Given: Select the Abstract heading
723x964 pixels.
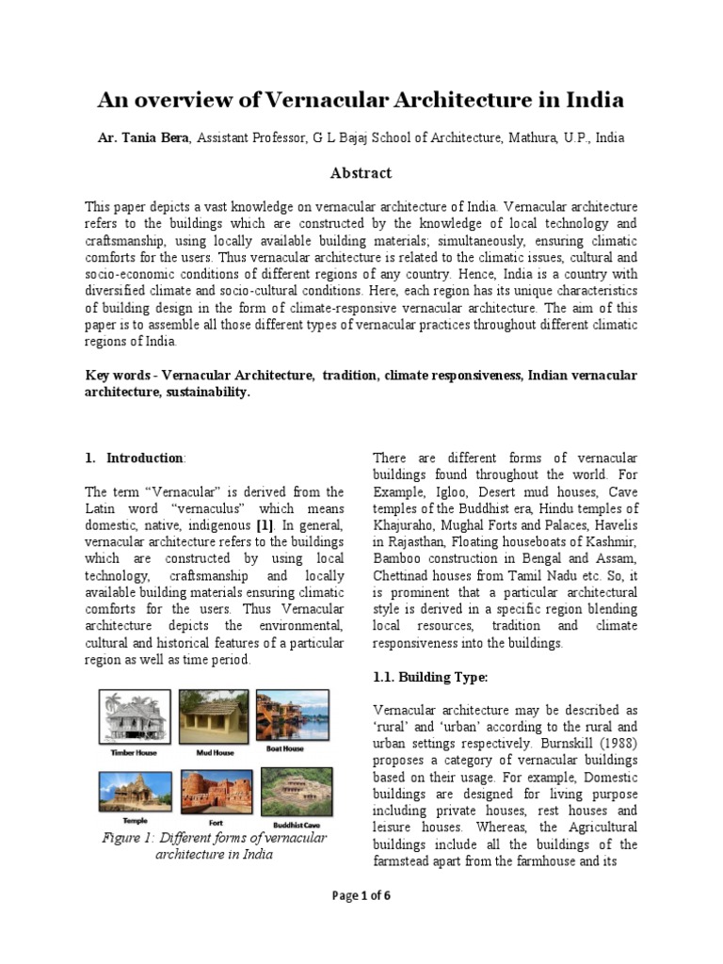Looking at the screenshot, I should click(361, 173).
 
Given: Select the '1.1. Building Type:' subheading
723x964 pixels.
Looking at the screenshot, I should click(429, 677).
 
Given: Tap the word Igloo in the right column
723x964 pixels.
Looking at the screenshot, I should click(451, 491).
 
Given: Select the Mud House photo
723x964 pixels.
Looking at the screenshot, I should click(215, 715).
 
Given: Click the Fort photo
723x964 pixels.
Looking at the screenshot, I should click(215, 792).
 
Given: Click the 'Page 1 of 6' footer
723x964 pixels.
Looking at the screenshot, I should click(361, 895).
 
